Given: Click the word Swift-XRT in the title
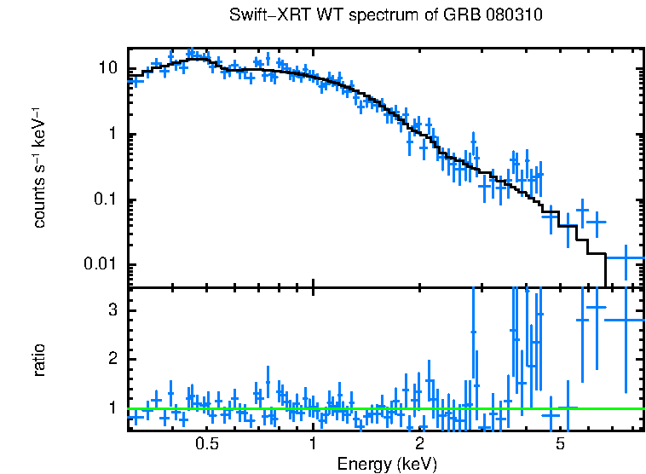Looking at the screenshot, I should (x=262, y=15).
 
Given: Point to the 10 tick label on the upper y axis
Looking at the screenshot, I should (x=109, y=69).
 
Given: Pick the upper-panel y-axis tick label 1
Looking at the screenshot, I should (x=114, y=135).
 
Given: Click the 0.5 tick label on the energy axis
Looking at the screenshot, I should (x=206, y=444).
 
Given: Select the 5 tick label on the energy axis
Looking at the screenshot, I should (x=560, y=444).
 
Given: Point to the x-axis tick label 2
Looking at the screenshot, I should (x=420, y=444).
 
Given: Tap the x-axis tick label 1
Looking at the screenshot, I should (x=314, y=444).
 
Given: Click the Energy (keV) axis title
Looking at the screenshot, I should (x=386, y=464).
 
